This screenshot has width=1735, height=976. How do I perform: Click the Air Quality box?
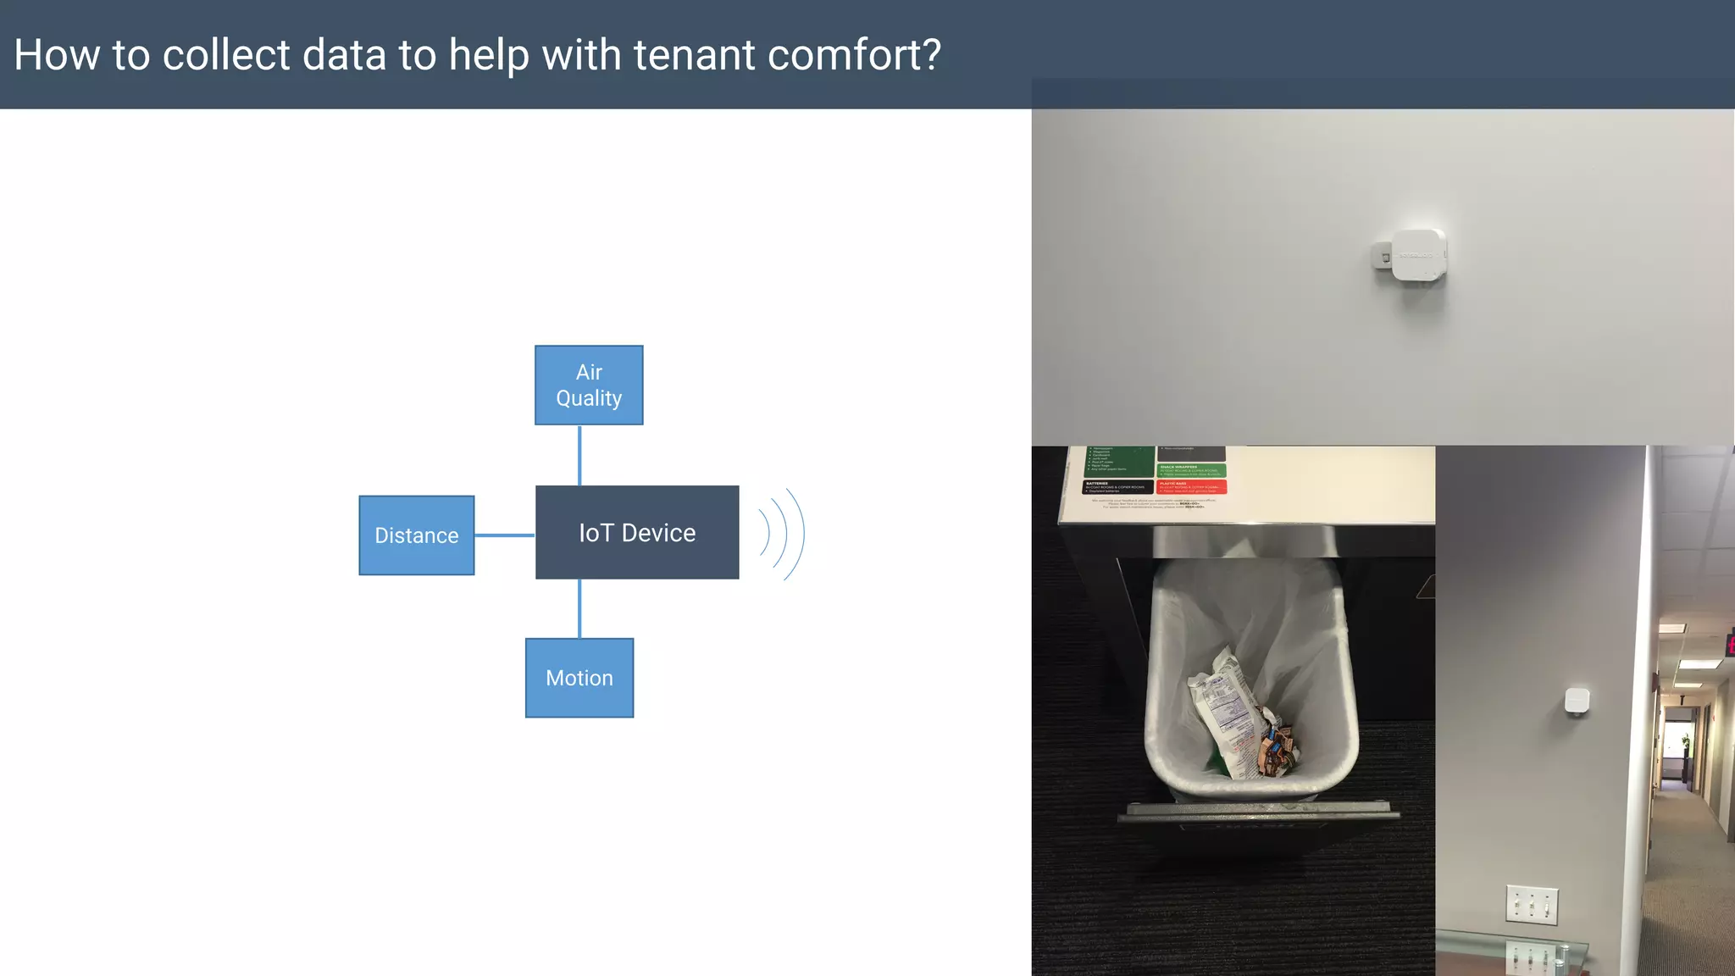tap(589, 385)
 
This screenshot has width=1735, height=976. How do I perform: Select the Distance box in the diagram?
tap(416, 535)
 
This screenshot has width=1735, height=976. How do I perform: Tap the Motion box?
tap(579, 678)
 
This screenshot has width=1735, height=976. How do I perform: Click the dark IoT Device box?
tap(637, 532)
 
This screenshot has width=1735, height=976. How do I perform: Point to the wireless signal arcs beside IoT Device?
tap(781, 534)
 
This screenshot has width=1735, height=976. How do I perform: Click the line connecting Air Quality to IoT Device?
tap(579, 455)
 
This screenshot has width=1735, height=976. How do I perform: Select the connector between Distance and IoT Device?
tap(505, 535)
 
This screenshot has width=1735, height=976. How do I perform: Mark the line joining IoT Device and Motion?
tap(579, 608)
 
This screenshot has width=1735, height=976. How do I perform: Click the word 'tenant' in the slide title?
tap(694, 55)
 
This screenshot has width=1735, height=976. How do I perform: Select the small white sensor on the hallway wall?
tap(1577, 701)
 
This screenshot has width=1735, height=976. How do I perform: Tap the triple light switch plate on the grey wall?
tap(1532, 905)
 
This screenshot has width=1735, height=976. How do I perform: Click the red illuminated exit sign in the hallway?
tap(1729, 644)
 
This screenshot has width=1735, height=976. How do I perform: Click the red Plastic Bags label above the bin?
tap(1191, 486)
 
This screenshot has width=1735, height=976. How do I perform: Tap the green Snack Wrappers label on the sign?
tap(1191, 470)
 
